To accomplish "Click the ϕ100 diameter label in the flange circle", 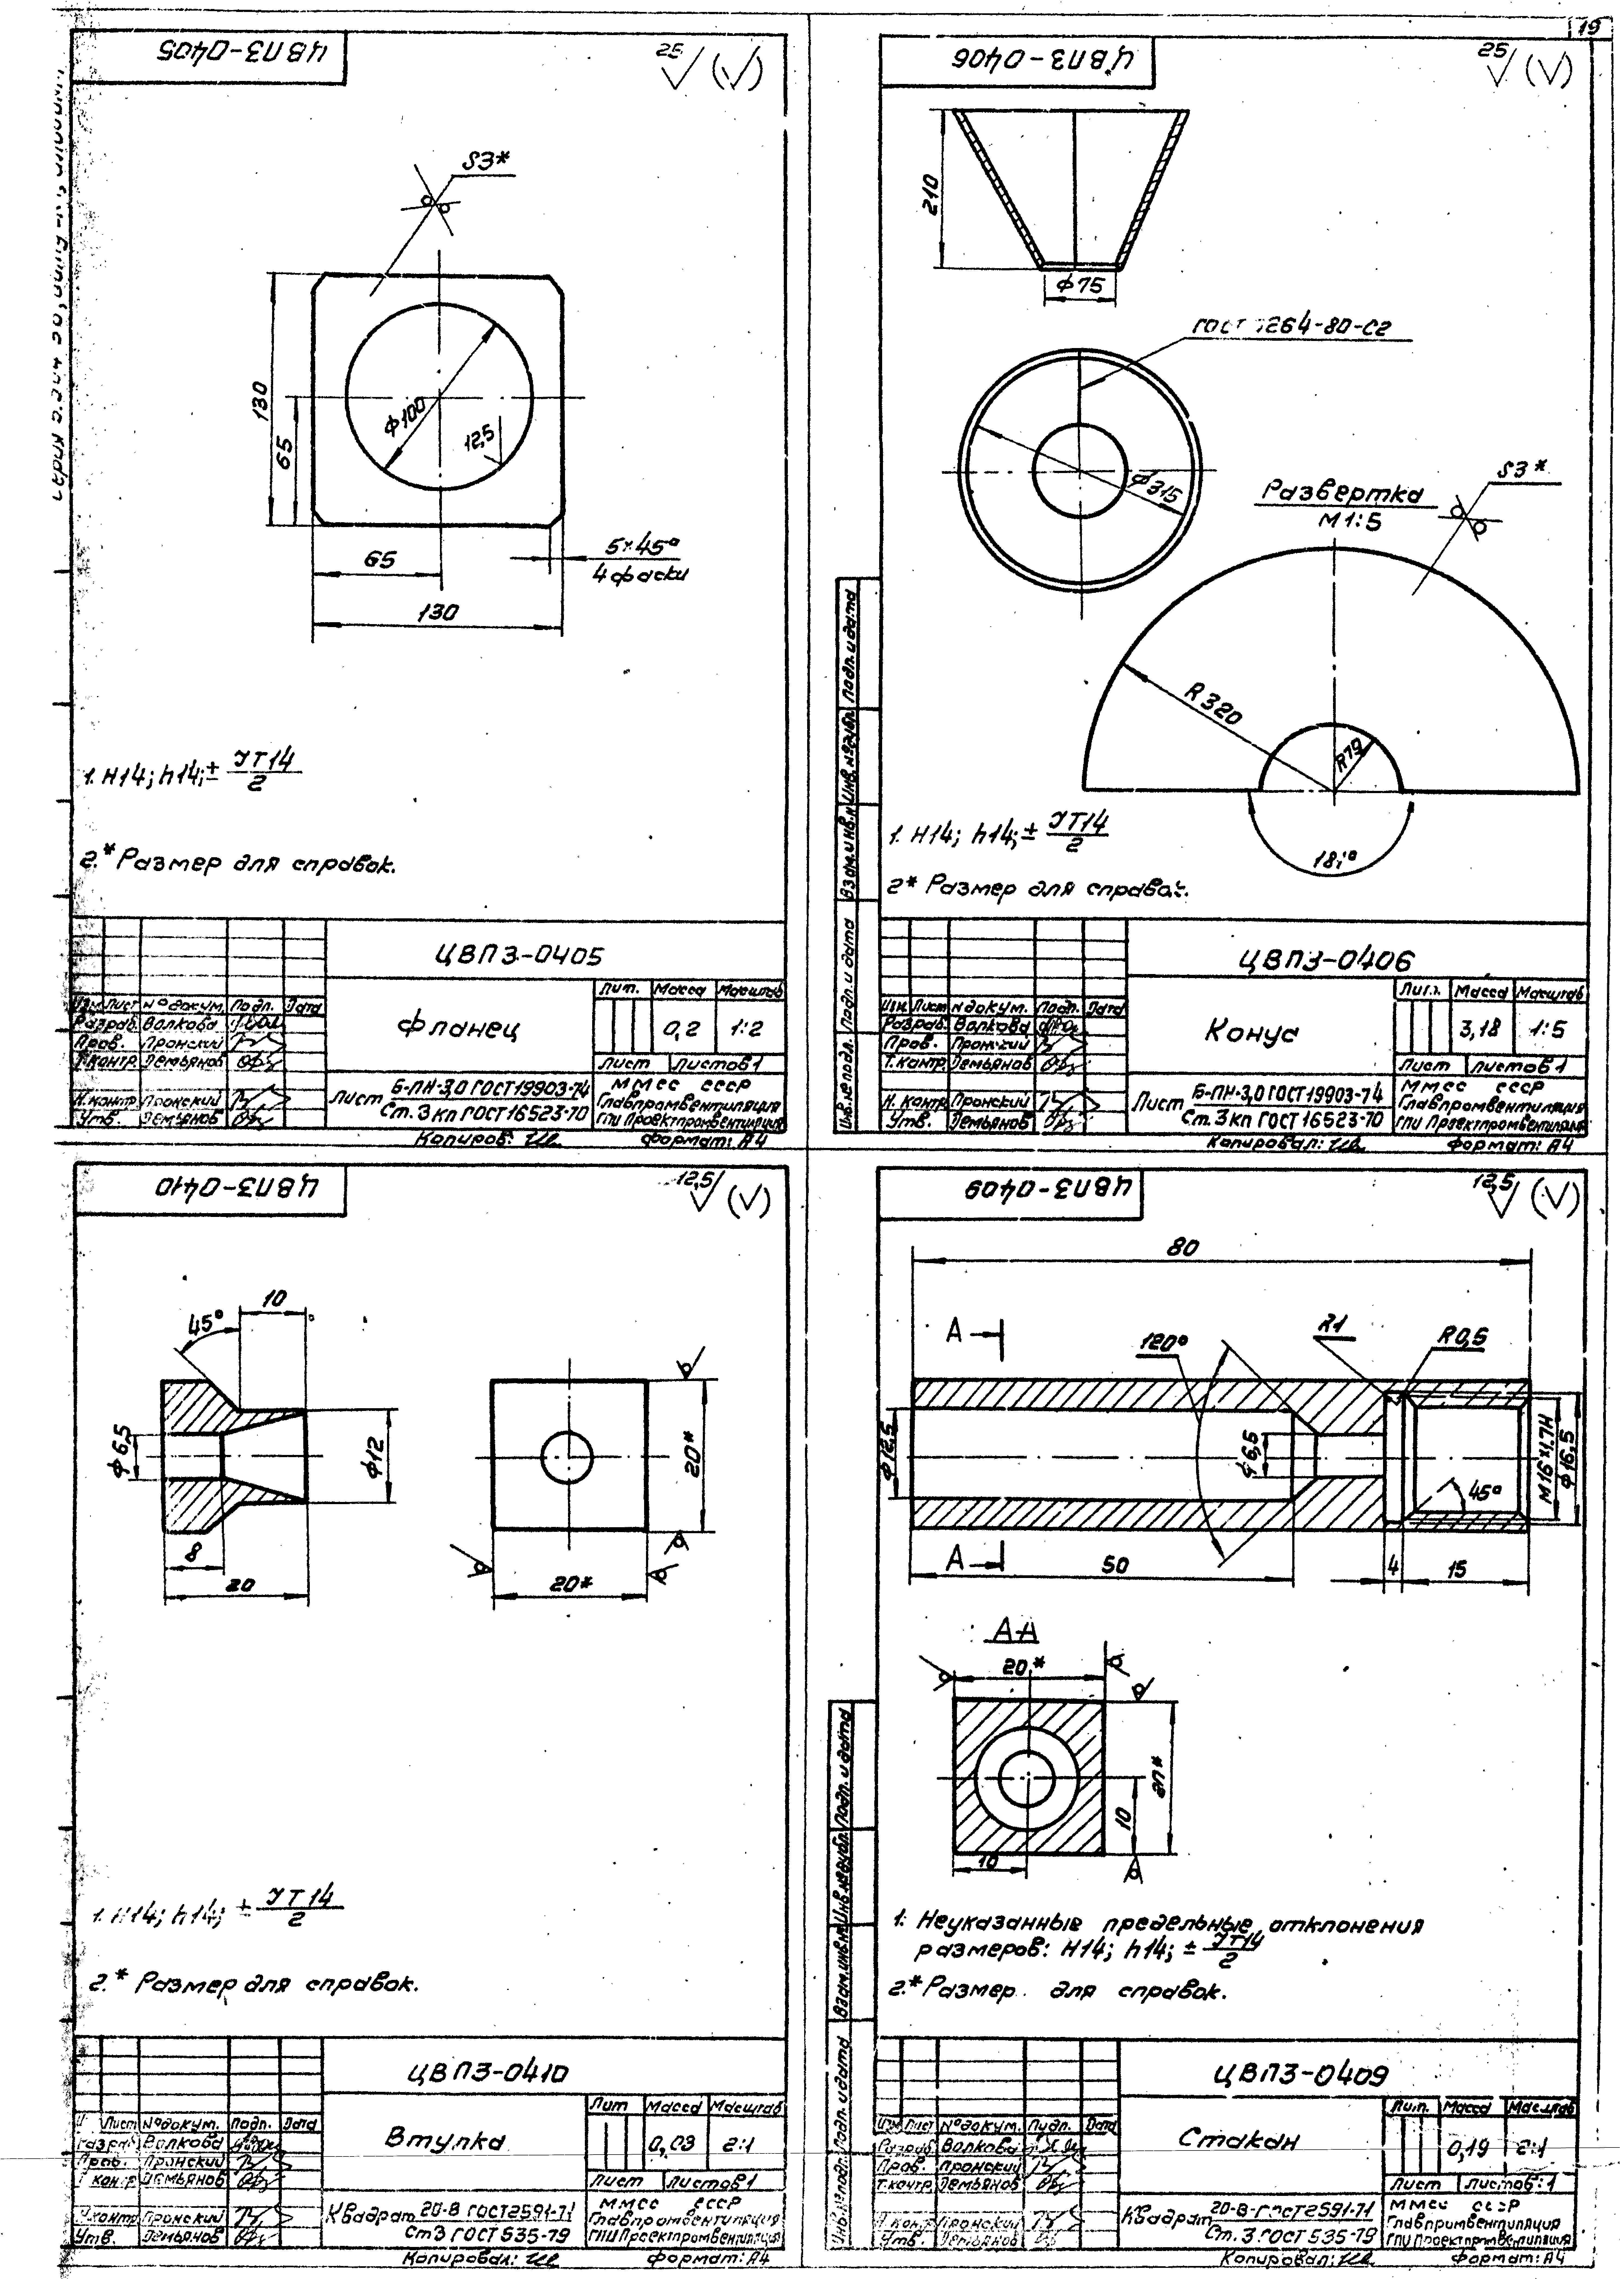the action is (407, 415).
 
